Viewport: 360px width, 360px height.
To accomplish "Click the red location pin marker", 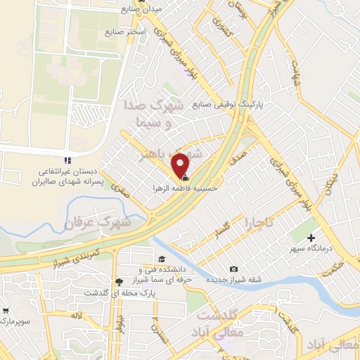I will [181, 165].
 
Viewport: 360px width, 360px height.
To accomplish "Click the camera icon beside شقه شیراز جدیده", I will [233, 269].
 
